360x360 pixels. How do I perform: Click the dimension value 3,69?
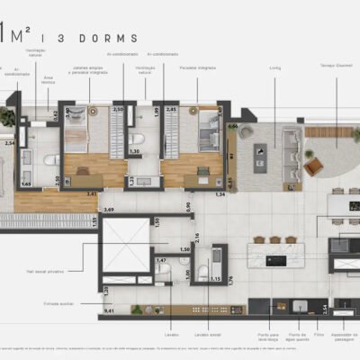108,210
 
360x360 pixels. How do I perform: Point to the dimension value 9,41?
109,310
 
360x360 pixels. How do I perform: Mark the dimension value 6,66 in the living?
232,127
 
